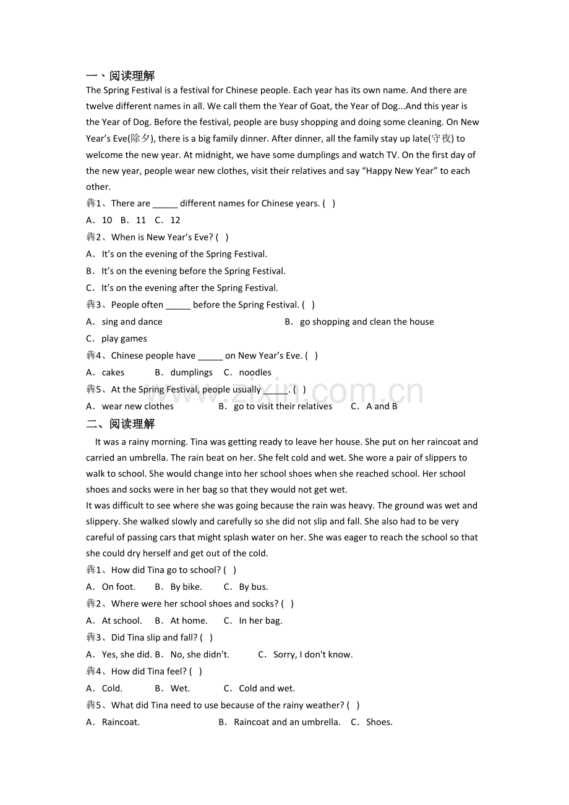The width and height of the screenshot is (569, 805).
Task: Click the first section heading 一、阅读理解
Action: click(x=121, y=76)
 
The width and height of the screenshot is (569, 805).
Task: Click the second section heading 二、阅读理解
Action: click(x=121, y=424)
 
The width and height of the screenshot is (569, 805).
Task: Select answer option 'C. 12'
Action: click(x=168, y=220)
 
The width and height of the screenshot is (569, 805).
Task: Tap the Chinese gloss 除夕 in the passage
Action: click(x=141, y=138)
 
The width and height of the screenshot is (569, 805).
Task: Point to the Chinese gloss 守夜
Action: click(x=442, y=138)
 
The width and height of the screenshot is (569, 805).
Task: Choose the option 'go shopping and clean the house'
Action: click(x=366, y=322)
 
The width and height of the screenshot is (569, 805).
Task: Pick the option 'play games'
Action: click(x=124, y=338)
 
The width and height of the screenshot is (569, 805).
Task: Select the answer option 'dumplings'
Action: click(x=190, y=372)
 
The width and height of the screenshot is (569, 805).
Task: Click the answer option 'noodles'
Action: click(x=255, y=372)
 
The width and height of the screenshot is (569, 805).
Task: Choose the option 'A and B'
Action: click(x=381, y=406)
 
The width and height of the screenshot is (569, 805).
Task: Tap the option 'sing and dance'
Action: click(x=132, y=322)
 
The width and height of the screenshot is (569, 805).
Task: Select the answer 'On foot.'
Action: click(x=118, y=587)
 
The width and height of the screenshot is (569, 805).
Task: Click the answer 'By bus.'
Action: click(x=253, y=587)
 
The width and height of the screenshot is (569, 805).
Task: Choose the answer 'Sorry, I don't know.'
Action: click(x=312, y=654)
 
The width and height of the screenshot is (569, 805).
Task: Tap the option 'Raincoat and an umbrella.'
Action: click(x=286, y=722)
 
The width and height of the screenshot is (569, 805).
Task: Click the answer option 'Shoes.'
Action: click(x=379, y=722)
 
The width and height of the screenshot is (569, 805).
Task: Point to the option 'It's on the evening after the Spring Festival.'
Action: click(x=189, y=287)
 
